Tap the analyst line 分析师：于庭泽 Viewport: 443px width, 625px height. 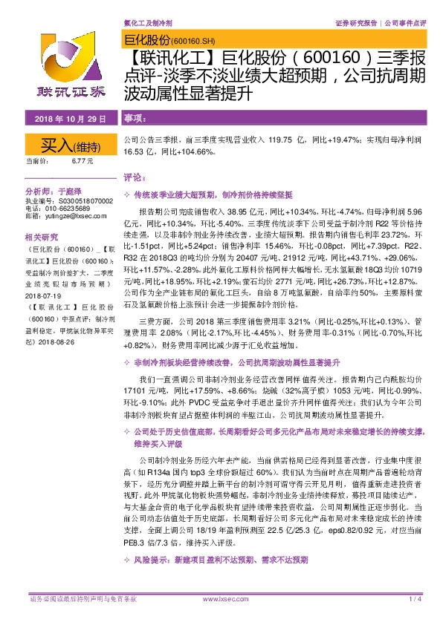click(56, 192)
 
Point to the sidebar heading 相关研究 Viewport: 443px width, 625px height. click(40, 237)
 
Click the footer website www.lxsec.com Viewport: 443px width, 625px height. click(221, 598)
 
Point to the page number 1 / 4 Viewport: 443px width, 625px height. click(413, 598)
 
